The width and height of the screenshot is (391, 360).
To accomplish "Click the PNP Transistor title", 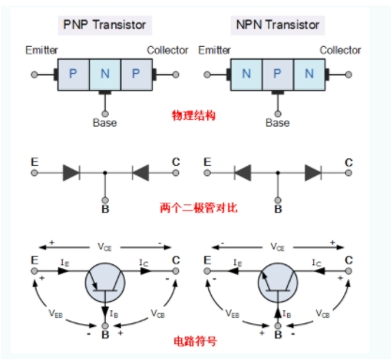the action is click(105, 24).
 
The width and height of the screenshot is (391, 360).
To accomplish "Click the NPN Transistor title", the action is click(278, 24).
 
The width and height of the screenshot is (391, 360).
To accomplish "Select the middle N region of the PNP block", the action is click(105, 74).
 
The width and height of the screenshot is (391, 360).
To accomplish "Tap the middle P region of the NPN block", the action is click(278, 74).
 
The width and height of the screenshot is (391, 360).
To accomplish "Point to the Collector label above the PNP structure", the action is click(168, 50).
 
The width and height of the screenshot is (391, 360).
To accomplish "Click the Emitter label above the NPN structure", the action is click(215, 50).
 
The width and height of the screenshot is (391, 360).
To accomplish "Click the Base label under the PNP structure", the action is click(105, 123).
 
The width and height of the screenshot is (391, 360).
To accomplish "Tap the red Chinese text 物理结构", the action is click(194, 115).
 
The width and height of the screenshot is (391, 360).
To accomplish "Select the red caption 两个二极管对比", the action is click(199, 208).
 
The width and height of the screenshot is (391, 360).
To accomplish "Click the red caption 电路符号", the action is click(195, 341).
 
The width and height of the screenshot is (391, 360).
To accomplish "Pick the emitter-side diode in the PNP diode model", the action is click(71, 172).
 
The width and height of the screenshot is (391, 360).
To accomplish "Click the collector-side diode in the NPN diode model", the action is click(313, 172).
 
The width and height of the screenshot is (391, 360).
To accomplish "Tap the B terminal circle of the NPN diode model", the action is click(278, 200).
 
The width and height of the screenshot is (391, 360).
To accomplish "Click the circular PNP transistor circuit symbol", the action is click(105, 282).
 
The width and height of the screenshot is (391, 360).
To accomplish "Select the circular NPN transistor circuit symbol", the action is click(278, 282).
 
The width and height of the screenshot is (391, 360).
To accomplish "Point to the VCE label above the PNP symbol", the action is click(104, 247).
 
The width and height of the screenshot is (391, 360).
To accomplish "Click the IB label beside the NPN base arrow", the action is click(287, 314).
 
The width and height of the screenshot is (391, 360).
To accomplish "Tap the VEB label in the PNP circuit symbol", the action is click(55, 313).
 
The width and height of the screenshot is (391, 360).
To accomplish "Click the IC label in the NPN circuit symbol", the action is click(316, 262).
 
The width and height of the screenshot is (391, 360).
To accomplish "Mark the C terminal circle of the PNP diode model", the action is click(175, 172).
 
